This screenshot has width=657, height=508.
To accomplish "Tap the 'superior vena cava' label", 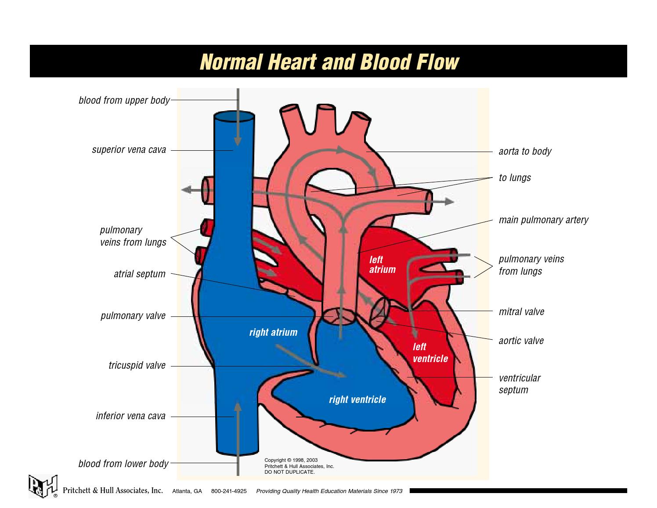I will click(x=129, y=150).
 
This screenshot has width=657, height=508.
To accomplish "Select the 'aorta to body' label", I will click(x=525, y=152).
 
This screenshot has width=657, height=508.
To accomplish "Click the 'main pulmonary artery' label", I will click(x=543, y=220).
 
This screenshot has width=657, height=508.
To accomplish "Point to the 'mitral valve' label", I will click(x=521, y=312).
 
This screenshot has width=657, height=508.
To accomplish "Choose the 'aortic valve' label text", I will click(x=521, y=341).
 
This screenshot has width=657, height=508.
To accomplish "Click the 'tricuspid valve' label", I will click(x=137, y=366).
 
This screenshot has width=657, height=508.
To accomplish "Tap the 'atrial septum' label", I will click(x=140, y=274).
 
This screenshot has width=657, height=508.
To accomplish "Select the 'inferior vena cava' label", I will click(x=131, y=416).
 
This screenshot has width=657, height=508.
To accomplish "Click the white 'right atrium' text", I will click(x=273, y=333).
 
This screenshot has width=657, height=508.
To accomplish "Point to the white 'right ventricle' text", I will click(x=357, y=400).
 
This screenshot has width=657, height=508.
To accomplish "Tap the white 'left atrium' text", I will click(x=382, y=265).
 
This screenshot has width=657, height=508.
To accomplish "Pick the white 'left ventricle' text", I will click(x=430, y=353).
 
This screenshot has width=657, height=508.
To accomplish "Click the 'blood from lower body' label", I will click(x=123, y=464).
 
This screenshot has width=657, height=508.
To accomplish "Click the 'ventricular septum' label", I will click(x=520, y=384).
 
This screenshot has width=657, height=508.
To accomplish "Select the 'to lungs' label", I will click(x=515, y=178).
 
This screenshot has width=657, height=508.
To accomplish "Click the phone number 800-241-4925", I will click(x=229, y=491).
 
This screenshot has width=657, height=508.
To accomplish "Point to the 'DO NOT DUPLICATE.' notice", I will click(x=289, y=472).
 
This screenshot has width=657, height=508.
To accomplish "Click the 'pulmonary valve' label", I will click(x=133, y=316).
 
